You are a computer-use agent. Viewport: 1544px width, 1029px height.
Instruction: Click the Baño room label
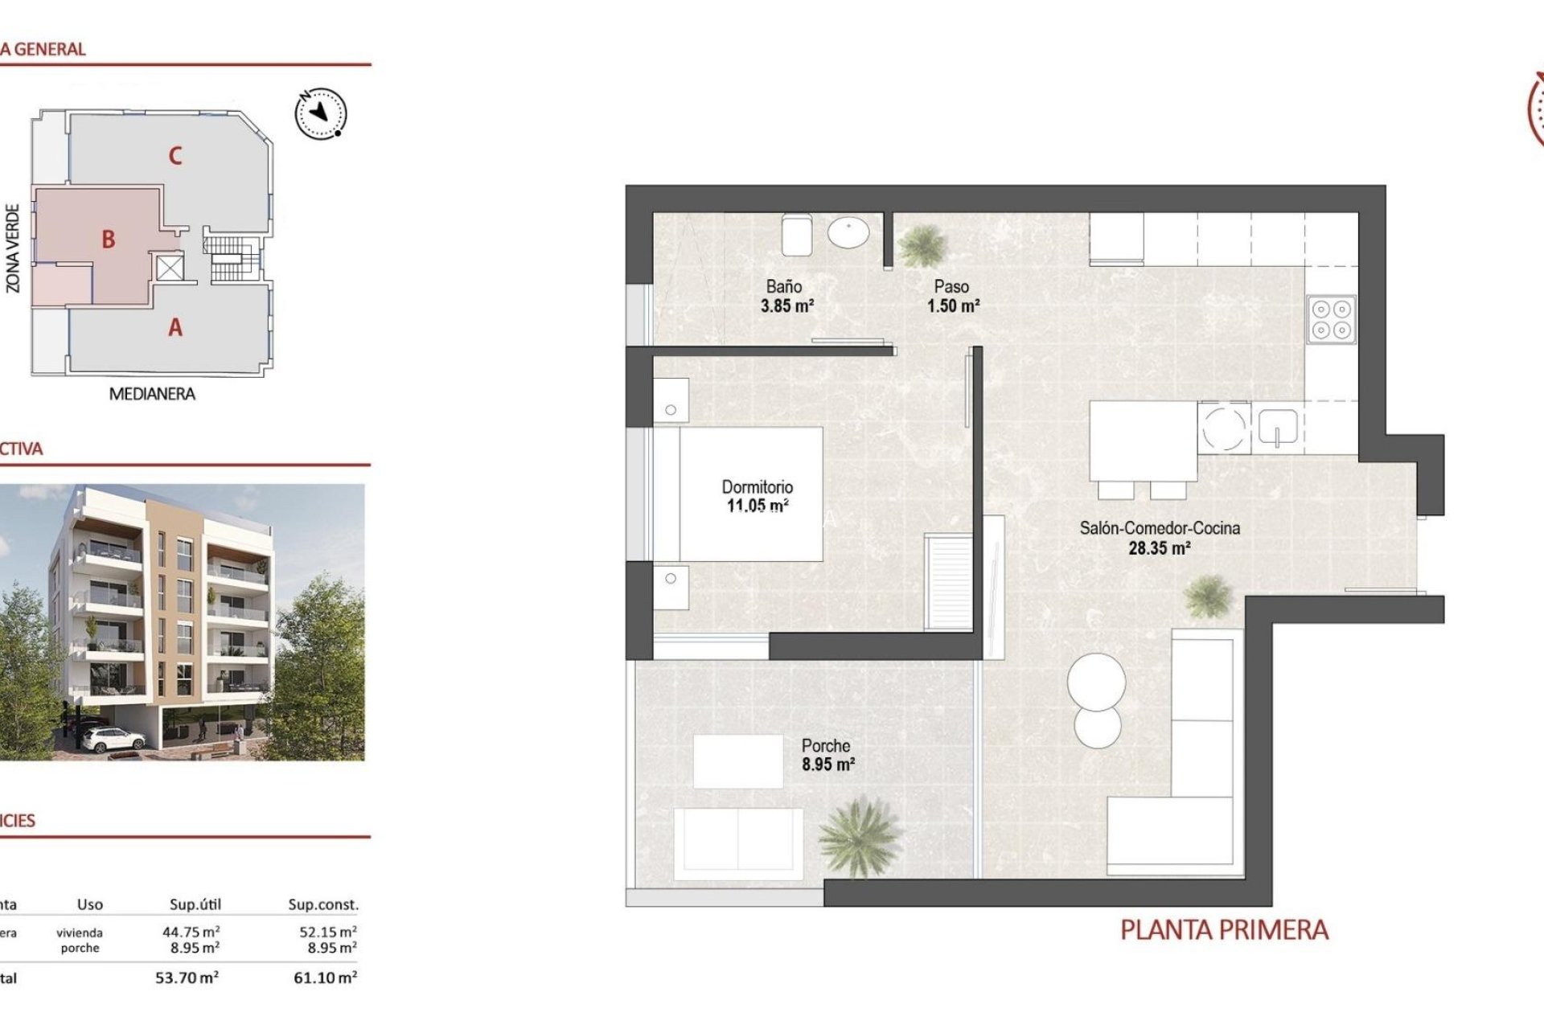pos(783,286)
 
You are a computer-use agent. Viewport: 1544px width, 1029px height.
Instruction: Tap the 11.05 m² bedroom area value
pos(757,506)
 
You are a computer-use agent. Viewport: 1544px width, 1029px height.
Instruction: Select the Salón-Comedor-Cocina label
pos(1159,528)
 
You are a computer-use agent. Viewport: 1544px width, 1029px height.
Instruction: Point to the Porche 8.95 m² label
pos(827,755)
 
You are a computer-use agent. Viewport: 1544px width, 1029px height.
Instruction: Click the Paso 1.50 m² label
pos(952,296)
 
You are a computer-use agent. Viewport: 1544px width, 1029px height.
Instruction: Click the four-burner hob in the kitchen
pos(1331,319)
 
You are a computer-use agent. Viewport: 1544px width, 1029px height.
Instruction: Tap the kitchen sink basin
pos(1277,427)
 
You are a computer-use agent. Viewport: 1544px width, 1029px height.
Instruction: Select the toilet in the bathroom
pos(796,234)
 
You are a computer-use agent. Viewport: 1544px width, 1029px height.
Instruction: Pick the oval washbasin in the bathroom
pos(848,233)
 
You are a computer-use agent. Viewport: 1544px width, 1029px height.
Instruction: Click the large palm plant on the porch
pos(859,836)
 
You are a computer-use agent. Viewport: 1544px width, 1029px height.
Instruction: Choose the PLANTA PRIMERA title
pos(1223,930)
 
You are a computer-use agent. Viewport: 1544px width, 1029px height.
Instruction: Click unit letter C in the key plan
pos(175,156)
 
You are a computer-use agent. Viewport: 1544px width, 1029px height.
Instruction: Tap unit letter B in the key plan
pos(109,240)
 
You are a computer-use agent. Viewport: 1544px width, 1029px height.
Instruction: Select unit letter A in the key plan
pos(175,328)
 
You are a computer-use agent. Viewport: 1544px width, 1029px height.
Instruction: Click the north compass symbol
pos(321,113)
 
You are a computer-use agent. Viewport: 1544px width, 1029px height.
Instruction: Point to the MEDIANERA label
pos(152,394)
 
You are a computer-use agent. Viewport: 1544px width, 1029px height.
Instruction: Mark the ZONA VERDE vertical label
pos(13,248)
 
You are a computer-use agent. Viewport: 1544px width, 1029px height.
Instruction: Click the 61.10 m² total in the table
pos(325,978)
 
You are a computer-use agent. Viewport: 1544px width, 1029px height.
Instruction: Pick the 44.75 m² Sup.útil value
pos(191,932)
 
